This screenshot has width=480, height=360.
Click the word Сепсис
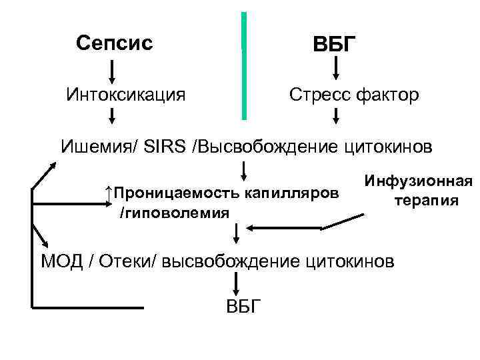coord(114,43)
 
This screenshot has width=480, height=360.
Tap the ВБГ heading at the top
coord(335,45)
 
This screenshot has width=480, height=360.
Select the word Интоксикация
coord(126,95)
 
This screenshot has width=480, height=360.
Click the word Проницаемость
coord(176,193)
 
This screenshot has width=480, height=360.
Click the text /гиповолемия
coord(174,213)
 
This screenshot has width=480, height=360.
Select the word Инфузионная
coord(418,181)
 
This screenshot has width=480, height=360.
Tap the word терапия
coord(425,201)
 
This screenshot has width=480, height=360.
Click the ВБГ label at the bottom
coord(245,306)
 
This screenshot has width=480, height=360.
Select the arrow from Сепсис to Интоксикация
coord(112,69)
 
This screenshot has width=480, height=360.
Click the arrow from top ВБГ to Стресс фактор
coord(337,67)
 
